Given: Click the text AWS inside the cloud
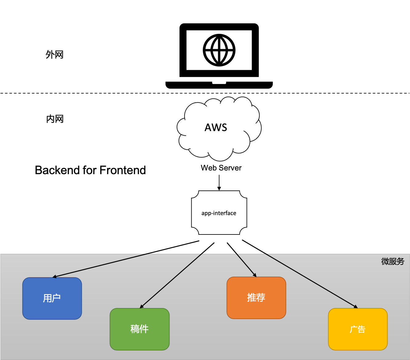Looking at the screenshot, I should click(x=216, y=127).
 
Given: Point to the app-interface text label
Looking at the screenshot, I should click(x=219, y=213).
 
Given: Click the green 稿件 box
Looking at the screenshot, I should click(x=140, y=342).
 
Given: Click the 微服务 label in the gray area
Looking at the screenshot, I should click(x=393, y=262).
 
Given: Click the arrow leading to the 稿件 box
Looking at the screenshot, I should click(x=171, y=281).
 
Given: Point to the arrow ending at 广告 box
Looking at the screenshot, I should click(x=311, y=280).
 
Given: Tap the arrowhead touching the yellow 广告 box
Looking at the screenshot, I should click(x=356, y=306).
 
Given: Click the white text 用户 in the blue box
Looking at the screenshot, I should click(x=52, y=298).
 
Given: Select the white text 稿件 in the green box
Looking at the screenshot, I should click(x=139, y=329).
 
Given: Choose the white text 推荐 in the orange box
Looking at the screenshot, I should click(x=256, y=298).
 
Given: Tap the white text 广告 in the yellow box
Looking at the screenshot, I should click(x=358, y=329).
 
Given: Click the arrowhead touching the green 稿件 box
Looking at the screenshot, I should click(x=142, y=306).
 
